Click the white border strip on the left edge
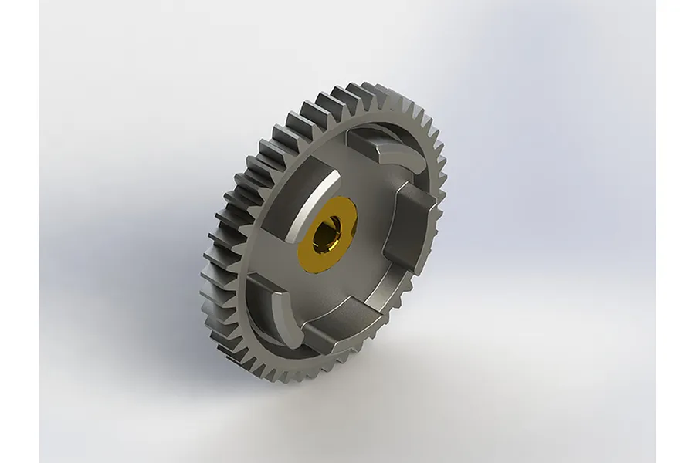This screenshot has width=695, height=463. [19, 231]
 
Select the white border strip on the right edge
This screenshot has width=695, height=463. [676, 231]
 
